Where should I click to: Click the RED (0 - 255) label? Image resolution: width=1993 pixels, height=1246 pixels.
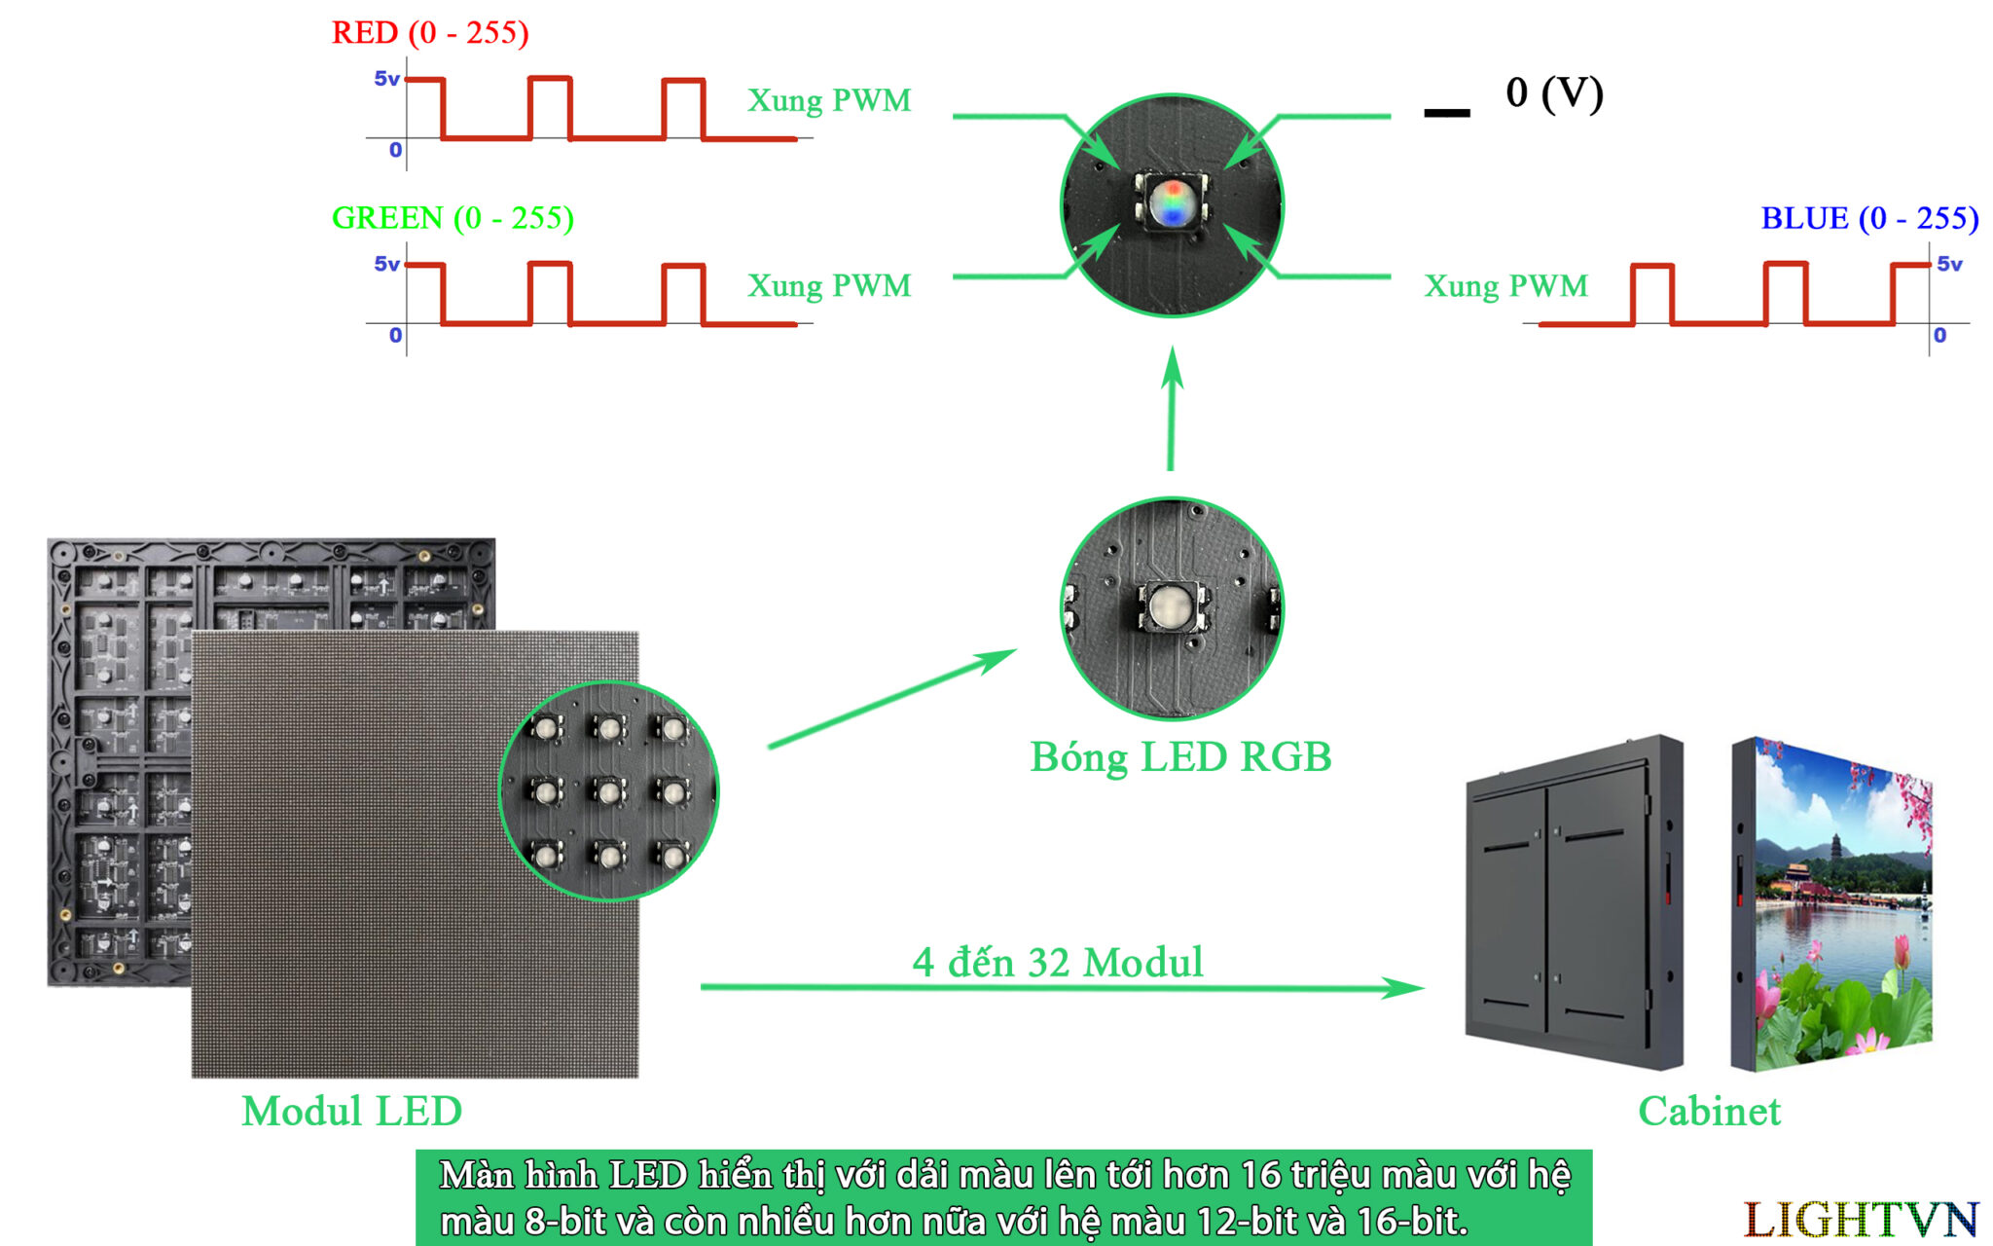430,33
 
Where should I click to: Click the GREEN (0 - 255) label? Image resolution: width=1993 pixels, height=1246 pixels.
453,218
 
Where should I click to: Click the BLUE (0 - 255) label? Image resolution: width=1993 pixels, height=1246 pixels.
1868,218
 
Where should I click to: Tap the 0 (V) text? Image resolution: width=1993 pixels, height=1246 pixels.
1554,93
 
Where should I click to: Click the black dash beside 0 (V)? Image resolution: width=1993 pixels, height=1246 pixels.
1446,113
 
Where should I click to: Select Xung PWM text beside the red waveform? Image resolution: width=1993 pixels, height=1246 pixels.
829,100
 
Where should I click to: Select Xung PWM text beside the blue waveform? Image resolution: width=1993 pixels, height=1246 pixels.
1505,286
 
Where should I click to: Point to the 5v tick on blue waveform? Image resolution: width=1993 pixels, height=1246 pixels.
1949,264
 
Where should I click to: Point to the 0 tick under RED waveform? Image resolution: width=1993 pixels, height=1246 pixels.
395,150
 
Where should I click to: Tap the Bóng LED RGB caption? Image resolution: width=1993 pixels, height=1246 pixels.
1180,757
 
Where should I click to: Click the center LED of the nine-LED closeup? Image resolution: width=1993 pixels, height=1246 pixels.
609,791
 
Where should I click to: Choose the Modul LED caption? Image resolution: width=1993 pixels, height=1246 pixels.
351,1112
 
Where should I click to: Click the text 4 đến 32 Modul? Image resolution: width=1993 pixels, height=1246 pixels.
1058,963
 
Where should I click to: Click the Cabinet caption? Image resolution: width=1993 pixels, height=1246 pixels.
1709,1112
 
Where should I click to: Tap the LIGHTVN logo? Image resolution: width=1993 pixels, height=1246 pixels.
1860,1220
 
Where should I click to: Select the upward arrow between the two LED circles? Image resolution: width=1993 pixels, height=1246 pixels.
1172,409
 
